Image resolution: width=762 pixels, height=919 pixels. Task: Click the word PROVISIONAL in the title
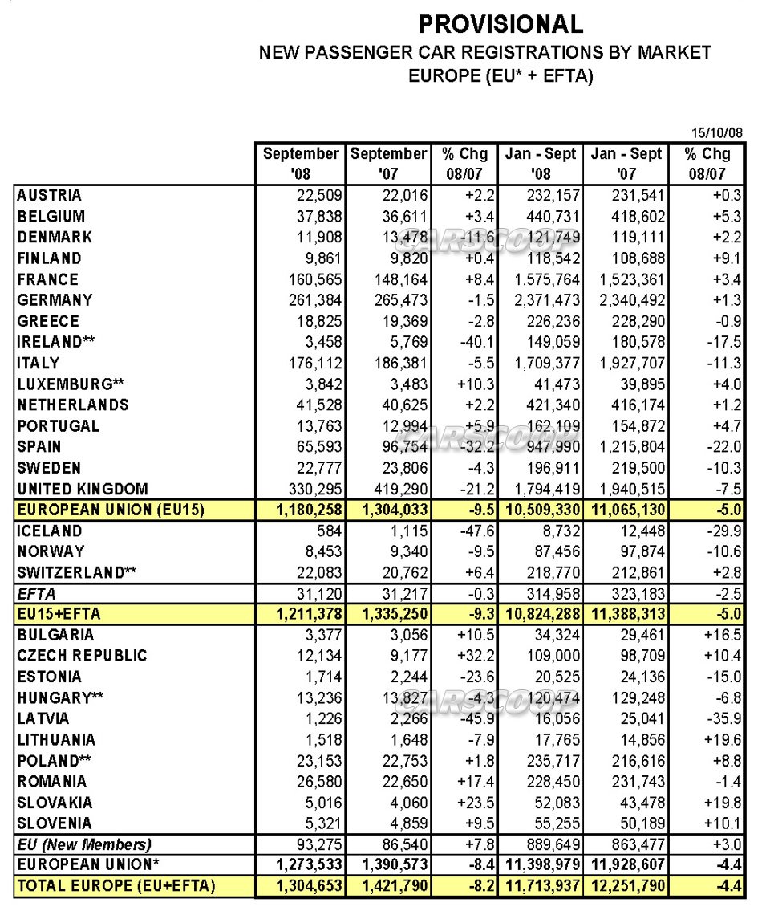[501, 24]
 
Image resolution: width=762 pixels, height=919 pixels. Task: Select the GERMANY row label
[55, 300]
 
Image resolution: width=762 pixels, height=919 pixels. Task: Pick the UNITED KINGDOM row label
[83, 489]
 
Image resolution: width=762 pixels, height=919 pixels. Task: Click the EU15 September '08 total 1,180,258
[303, 510]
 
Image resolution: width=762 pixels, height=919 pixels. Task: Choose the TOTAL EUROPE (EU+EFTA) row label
[116, 886]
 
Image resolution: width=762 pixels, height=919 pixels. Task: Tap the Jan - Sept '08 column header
[541, 163]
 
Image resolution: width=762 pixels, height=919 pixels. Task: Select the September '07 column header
[389, 163]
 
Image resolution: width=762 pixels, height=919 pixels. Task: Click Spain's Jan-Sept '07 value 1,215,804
[626, 447]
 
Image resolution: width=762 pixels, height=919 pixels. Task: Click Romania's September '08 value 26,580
[316, 781]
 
